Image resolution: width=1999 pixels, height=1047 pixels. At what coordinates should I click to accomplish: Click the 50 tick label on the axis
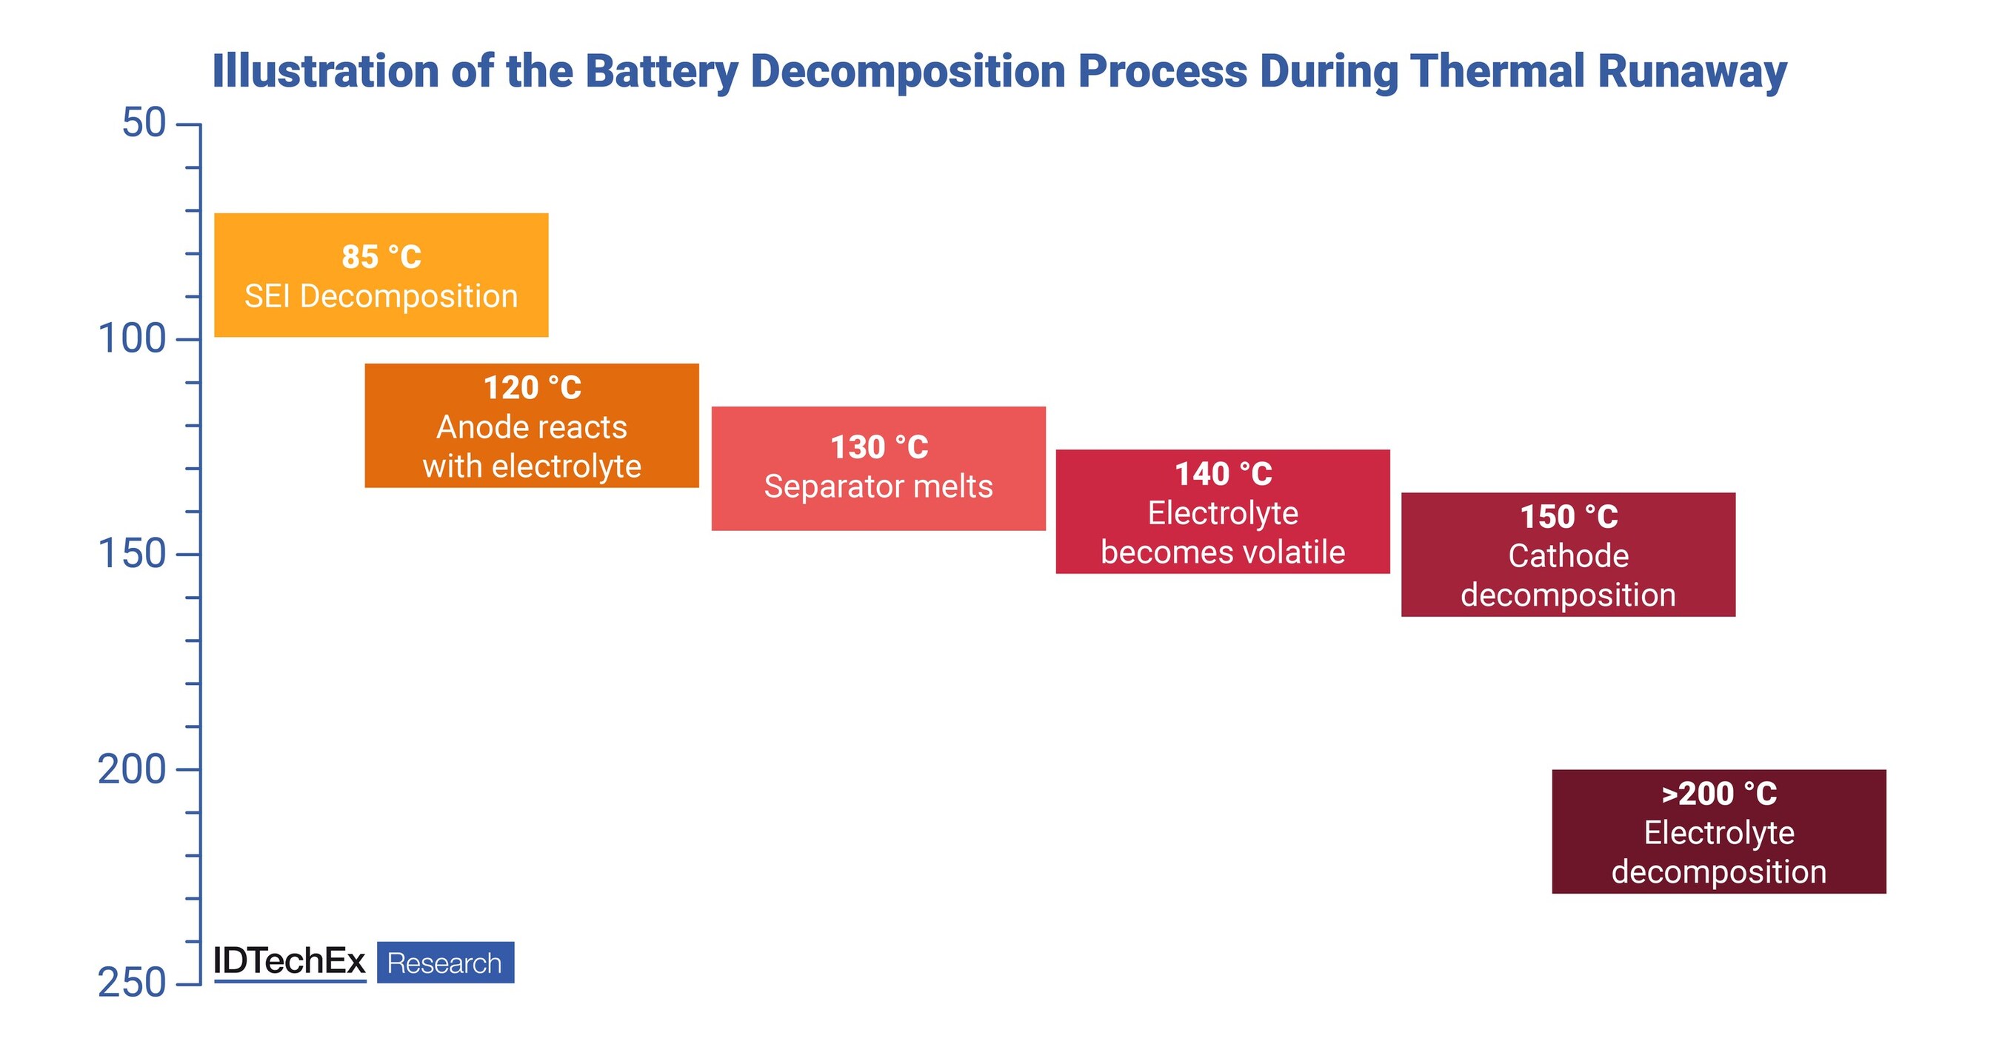coord(144,124)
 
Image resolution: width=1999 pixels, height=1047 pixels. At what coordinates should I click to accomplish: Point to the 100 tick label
coord(132,339)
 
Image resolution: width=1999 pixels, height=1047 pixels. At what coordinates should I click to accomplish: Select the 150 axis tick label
coord(132,554)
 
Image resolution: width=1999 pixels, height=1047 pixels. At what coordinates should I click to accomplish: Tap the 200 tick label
coord(132,769)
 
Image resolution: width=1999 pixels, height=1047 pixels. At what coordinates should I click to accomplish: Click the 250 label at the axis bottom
coord(132,983)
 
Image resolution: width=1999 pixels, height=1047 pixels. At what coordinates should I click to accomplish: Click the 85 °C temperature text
coord(381,257)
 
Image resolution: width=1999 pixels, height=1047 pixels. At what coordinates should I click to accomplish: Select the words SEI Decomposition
coord(381,296)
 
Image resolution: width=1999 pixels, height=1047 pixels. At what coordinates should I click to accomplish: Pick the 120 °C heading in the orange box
coord(533,388)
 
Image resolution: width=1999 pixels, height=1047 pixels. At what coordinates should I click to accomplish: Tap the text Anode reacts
coord(532,427)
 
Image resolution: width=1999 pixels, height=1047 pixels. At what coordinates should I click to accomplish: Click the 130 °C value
coord(879,446)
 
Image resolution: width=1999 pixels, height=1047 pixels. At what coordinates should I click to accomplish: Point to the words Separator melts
coord(878,486)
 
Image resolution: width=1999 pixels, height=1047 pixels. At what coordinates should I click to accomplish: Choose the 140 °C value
coord(1223,474)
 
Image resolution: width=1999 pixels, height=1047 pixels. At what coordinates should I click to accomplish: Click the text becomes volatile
coord(1223,552)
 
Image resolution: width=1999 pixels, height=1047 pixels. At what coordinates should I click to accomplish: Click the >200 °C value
coord(1719,793)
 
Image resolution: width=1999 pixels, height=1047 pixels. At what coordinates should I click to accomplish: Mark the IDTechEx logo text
coord(289,962)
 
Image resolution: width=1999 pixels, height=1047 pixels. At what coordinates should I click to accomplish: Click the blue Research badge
coord(445,963)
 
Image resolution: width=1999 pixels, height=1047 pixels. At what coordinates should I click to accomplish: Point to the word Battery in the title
coord(661,71)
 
